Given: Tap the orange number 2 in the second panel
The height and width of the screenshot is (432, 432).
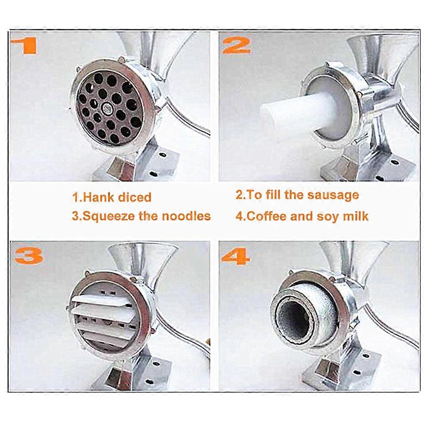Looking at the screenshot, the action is [236, 45].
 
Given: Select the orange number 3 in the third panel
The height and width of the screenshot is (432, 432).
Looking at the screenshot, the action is [29, 256].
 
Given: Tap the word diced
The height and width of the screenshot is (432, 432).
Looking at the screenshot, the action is [135, 197].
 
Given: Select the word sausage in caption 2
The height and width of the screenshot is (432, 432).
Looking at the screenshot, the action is [333, 196].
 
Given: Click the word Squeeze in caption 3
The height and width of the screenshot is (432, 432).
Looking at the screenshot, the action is [109, 216].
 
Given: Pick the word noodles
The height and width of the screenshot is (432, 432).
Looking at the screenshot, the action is [186, 216].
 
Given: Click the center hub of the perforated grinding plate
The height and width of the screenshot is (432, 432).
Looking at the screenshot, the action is [107, 108].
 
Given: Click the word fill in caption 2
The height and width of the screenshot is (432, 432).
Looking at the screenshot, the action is [274, 195].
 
